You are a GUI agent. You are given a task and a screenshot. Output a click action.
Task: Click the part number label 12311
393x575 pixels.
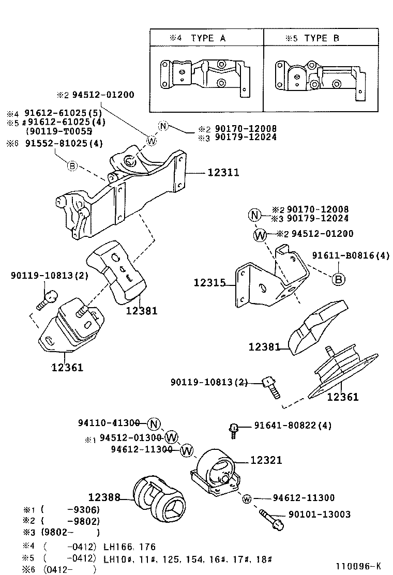click(x=223, y=173)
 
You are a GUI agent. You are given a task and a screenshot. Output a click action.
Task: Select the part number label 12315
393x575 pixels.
click(x=210, y=283)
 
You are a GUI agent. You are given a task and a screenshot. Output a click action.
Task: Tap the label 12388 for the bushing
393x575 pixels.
click(x=104, y=497)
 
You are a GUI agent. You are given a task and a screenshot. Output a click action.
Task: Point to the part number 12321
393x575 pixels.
click(x=266, y=460)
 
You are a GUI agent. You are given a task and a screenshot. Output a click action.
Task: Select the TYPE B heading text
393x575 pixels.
click(x=321, y=38)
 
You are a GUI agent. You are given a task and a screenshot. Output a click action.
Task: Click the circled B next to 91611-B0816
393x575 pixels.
click(x=338, y=279)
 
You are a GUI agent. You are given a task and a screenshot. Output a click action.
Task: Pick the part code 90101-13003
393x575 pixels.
click(x=320, y=515)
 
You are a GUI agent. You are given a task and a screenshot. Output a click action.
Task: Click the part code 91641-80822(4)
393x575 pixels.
click(x=293, y=426)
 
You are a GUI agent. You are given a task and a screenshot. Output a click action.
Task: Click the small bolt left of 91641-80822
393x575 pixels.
click(x=233, y=429)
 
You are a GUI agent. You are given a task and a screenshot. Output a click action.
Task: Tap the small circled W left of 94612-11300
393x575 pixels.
click(x=247, y=499)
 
